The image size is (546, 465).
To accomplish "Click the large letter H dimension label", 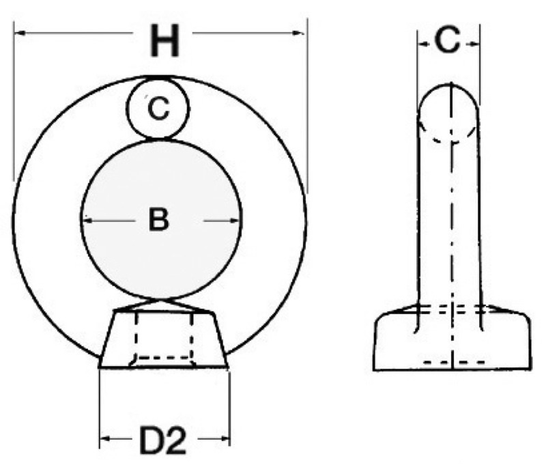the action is coord(164,40).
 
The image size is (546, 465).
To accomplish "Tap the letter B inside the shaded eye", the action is coord(159,219).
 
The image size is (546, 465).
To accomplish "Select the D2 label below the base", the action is coord(162,440).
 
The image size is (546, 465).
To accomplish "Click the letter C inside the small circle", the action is coord(158,109).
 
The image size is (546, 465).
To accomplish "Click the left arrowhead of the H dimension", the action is coord(21,33).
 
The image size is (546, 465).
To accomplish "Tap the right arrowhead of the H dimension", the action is coord(298,33).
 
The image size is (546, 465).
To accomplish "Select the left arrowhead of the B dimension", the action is coord(88,220).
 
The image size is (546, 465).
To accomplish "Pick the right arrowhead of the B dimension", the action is coord(234,220).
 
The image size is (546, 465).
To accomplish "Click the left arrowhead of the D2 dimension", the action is coord(106,438).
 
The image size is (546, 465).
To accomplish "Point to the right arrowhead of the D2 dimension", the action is coord(224,438).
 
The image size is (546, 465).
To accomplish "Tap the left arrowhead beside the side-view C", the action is coord(423,44).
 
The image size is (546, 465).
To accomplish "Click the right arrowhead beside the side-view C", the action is coord(474,44).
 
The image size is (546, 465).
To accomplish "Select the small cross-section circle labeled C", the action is coord(158,109).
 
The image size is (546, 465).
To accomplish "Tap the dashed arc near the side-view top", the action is coord(448,133).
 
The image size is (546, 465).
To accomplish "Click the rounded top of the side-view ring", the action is coord(448,96).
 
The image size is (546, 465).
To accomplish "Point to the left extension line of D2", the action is coord(100,408).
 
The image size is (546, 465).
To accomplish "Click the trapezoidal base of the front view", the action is coord(163,339).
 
